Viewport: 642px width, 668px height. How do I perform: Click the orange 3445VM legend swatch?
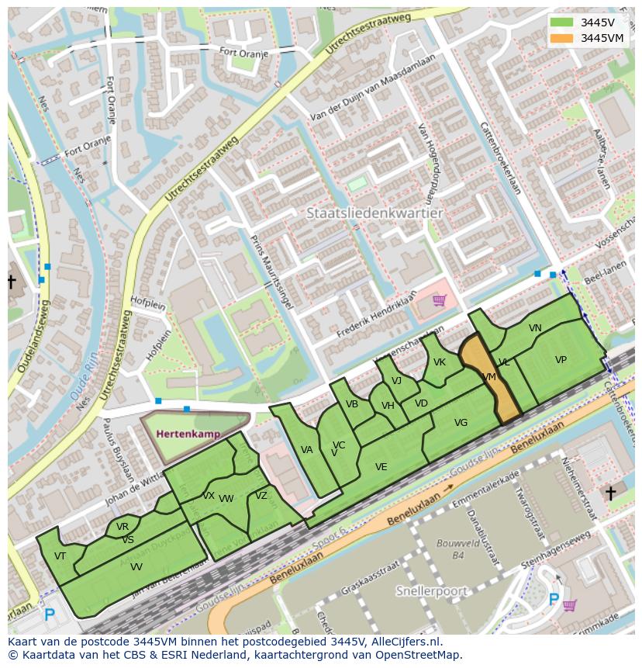point(563,38)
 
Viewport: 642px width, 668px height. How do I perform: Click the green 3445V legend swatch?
point(563,22)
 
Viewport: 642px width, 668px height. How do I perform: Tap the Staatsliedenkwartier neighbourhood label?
point(374,213)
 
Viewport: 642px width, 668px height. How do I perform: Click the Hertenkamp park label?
point(188,434)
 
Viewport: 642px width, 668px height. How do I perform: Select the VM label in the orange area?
point(488,377)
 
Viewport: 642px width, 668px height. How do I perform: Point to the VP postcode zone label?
point(561,359)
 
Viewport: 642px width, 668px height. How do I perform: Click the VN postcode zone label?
point(535,328)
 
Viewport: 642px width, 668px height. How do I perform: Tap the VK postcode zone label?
point(440,362)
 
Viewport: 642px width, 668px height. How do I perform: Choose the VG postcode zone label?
point(461,423)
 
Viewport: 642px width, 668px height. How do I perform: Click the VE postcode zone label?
point(381,467)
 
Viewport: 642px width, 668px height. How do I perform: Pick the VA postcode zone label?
point(307,450)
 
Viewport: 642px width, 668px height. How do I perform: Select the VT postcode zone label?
point(60,556)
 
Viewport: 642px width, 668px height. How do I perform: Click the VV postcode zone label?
point(136,567)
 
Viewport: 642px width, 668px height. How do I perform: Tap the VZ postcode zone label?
point(261,496)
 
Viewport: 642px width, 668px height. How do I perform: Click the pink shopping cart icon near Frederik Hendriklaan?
point(440,299)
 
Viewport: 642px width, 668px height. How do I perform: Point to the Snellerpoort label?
point(432,591)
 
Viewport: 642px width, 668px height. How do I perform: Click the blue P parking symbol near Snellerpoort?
point(554,599)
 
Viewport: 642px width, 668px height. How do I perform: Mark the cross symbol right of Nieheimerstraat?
point(610,493)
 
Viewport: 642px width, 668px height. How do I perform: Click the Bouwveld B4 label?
point(449,549)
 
